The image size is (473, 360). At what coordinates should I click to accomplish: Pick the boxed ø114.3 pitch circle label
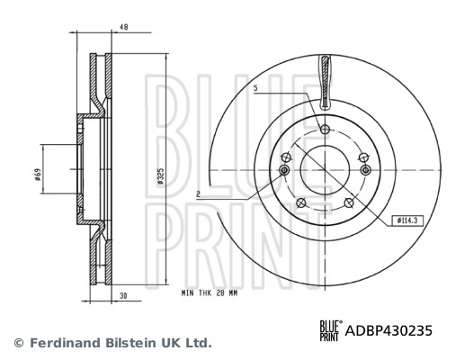pyautogui.click(x=408, y=220)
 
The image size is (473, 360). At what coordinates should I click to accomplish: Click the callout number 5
pyautogui.click(x=256, y=88)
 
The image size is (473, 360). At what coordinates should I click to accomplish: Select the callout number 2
pyautogui.click(x=198, y=193)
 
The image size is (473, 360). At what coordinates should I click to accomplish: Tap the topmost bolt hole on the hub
pyautogui.click(x=326, y=130)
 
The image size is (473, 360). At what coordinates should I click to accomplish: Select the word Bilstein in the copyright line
pyautogui.click(x=126, y=343)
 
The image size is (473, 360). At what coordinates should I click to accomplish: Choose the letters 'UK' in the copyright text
pyautogui.click(x=167, y=343)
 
